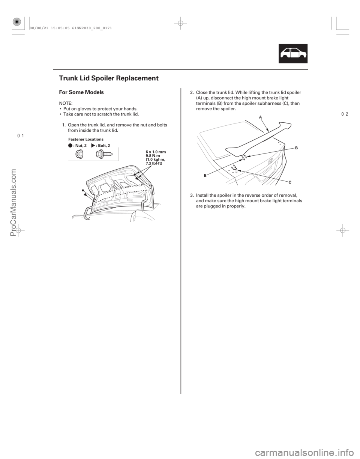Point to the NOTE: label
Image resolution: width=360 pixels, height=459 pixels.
click(x=64, y=102)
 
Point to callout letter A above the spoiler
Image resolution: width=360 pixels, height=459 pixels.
click(x=260, y=117)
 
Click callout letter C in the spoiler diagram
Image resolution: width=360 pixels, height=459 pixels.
click(x=290, y=182)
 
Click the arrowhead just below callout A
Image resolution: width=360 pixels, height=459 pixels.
click(x=267, y=130)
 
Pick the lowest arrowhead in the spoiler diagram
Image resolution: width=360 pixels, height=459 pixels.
click(x=239, y=171)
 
